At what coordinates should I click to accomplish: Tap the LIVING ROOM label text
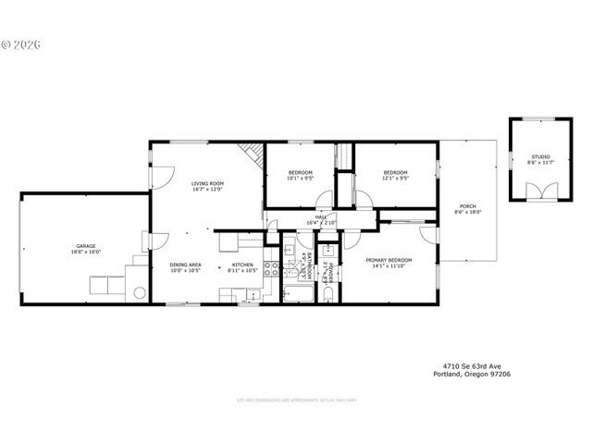coord(207,183)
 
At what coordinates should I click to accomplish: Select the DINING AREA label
coord(185,265)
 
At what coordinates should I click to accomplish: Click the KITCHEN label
coord(241,265)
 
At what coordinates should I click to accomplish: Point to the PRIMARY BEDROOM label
coord(388,260)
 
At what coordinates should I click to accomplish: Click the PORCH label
coord(468,205)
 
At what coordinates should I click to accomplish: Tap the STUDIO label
coord(539,157)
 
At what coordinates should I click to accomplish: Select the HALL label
coord(321,217)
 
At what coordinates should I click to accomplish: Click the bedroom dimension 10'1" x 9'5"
coord(300,179)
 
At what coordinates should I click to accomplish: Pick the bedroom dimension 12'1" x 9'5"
coord(395,179)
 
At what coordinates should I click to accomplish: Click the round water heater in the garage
coord(140,293)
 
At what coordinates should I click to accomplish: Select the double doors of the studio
coord(539,191)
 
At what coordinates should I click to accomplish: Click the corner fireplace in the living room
coord(248,153)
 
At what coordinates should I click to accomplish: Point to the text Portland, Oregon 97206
coord(472,375)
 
